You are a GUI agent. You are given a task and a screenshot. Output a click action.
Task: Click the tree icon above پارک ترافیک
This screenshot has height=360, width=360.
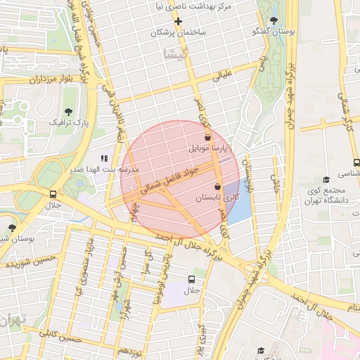click(x=68, y=112)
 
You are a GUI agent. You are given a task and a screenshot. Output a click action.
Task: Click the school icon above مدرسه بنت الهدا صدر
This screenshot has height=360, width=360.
click(x=104, y=159)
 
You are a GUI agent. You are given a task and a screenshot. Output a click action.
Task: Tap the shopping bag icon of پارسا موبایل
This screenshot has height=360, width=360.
click(x=207, y=138)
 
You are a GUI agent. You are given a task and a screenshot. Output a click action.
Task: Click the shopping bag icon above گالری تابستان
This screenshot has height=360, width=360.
click(x=217, y=187)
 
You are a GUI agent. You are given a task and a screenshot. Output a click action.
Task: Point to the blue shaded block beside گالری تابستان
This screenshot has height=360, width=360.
click(x=240, y=204)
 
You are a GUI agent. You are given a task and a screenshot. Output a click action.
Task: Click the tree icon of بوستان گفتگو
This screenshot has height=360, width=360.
click(x=274, y=20)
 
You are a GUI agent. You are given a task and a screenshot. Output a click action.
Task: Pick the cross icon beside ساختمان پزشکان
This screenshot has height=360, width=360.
click(x=179, y=21)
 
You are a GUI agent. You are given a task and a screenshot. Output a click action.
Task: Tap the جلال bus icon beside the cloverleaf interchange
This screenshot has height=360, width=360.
click(x=53, y=193)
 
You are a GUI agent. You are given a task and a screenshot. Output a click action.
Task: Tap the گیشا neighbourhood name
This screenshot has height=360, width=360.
click(x=173, y=54)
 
